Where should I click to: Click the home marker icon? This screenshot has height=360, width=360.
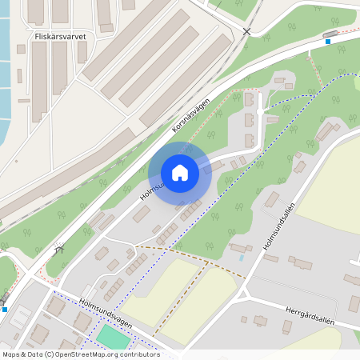coord(180,173)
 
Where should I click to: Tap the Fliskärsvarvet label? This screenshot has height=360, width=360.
coord(61,36)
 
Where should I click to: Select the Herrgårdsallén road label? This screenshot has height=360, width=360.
coord(308,314)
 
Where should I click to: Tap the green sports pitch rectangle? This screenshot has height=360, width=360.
coord(112,337)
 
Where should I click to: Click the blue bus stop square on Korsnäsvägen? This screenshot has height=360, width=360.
coord(327,42)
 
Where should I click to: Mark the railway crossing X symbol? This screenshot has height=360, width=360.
coord(246,31)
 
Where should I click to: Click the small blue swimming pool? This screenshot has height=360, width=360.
coord(241,258)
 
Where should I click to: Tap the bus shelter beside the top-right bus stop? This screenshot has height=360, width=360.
coord(330,34)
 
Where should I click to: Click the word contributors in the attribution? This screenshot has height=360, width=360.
coord(137,354)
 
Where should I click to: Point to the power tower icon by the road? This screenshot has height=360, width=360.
coord(57,247)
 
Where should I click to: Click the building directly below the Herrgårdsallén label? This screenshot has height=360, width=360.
coord(286,326)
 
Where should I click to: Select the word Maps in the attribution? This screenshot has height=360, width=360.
coord(12,354)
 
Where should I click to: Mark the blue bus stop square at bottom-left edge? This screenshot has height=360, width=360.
coord(5,309)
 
